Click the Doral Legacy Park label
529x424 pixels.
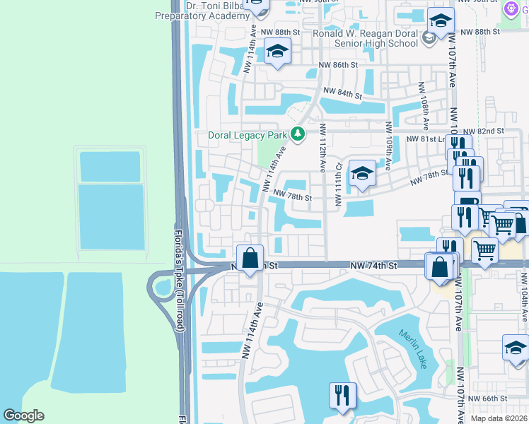click(x=248, y=135)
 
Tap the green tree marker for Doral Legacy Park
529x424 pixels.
click(x=298, y=134)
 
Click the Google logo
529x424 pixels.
click(x=23, y=416)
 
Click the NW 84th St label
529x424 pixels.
click(x=342, y=93)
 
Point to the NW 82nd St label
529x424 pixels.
click(x=484, y=131)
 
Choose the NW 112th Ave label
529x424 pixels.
click(x=322, y=148)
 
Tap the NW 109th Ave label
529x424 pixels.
click(x=388, y=146)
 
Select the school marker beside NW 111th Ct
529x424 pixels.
click(x=362, y=173)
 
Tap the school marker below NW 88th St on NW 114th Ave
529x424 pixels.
click(x=277, y=52)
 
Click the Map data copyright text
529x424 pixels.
click(x=499, y=418)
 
